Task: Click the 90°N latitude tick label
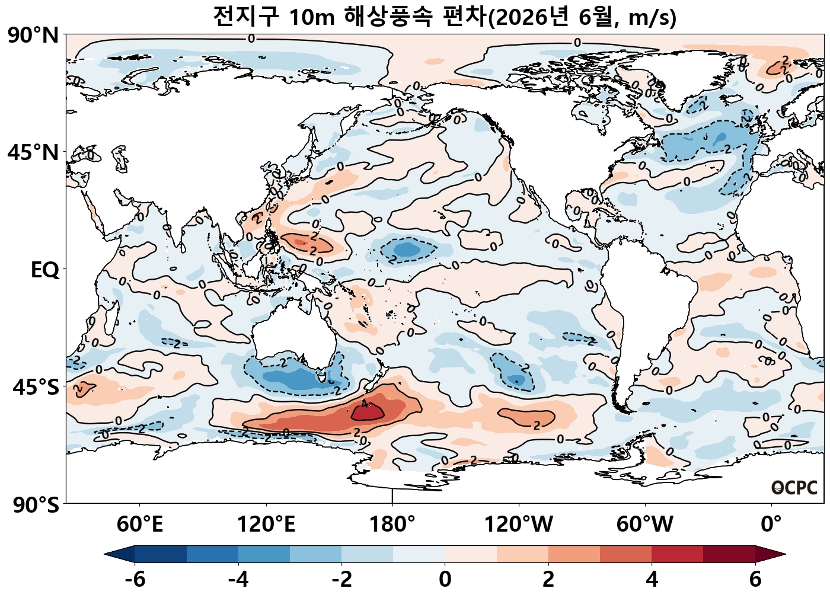tap(33, 36)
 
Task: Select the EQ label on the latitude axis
tap(45, 270)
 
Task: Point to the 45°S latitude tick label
tap(36, 388)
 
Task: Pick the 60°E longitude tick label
tap(139, 525)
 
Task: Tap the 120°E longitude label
tap(266, 525)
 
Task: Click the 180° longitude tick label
tap(392, 525)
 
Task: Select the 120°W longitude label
tap(519, 525)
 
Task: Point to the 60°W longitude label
tap(645, 525)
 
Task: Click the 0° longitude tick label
tap(771, 525)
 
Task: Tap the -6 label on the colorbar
tap(135, 579)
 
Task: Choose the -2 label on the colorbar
tap(342, 579)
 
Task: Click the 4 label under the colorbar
tap(652, 579)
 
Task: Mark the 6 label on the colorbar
tap(755, 579)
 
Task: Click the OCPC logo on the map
tap(794, 488)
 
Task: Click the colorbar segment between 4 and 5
tap(677, 554)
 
